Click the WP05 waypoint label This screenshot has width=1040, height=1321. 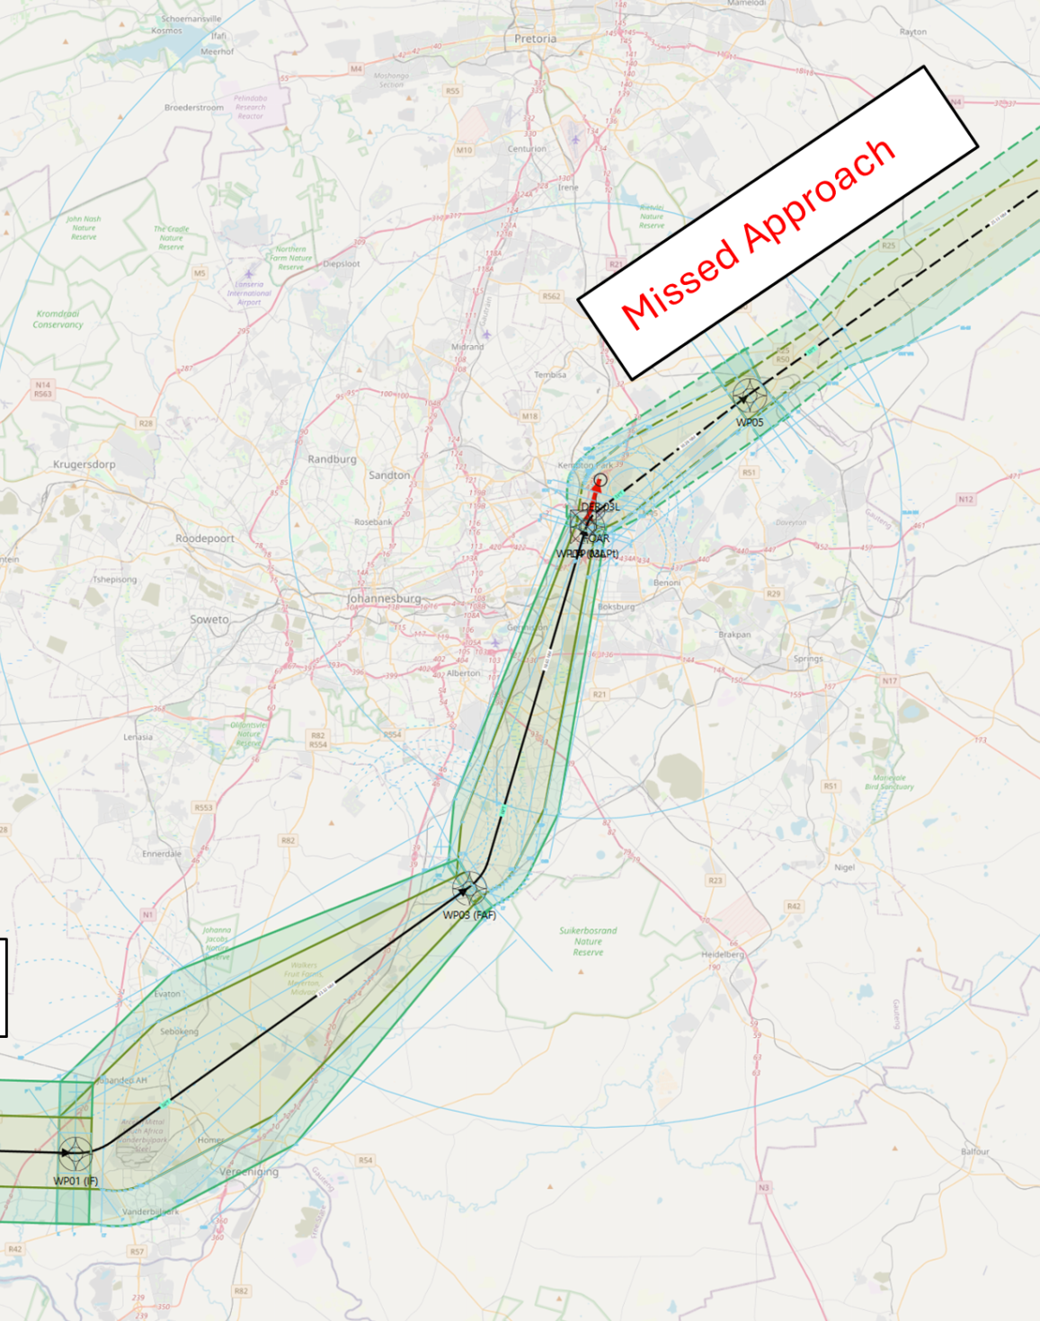pyautogui.click(x=750, y=422)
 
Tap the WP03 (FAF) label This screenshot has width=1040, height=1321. pyautogui.click(x=469, y=915)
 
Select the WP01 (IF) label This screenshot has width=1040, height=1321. pyautogui.click(x=76, y=1181)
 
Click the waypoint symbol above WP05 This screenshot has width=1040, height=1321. pyautogui.click(x=750, y=395)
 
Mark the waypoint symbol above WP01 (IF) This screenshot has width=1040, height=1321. pyautogui.click(x=76, y=1152)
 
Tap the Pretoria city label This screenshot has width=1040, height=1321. pyautogui.click(x=536, y=39)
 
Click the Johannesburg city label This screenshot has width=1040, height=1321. pyautogui.click(x=385, y=598)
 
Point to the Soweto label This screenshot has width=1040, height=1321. pyautogui.click(x=209, y=619)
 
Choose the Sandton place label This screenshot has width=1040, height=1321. pyautogui.click(x=389, y=474)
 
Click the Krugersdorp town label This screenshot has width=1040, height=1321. pyautogui.click(x=84, y=465)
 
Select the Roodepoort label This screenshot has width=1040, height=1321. pyautogui.click(x=205, y=538)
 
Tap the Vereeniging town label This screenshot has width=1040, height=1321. pyautogui.click(x=249, y=1172)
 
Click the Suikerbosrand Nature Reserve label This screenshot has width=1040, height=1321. pyautogui.click(x=588, y=941)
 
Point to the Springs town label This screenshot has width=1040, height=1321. pyautogui.click(x=808, y=659)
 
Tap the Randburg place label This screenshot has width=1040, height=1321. pyautogui.click(x=333, y=459)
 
